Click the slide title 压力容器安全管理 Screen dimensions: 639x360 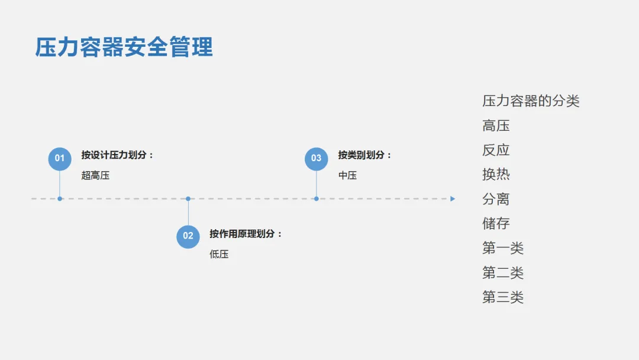coord(124,47)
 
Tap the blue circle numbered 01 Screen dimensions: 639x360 coord(60,159)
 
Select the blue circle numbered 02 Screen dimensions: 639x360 coord(188,236)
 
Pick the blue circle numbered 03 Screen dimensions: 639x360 coord(317,159)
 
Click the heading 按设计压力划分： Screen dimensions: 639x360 coord(118,155)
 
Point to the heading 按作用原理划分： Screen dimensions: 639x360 coord(246,234)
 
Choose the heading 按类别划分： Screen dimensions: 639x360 coord(365,155)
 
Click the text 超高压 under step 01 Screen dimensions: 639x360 coord(95,175)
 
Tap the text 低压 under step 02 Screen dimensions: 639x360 coord(219,254)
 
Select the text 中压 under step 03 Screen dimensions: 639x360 coord(347,175)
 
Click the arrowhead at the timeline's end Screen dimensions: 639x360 coord(453,199)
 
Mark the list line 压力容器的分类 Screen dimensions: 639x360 coord(531,101)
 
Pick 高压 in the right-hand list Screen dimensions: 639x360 coord(496,126)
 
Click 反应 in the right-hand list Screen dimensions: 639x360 coord(496,150)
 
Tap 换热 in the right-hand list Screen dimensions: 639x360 coord(496,175)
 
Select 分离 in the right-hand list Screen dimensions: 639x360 coord(496,199)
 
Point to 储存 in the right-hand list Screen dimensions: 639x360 coord(496,223)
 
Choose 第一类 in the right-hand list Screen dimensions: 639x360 coord(503,248)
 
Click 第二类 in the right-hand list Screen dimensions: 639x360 coord(503,273)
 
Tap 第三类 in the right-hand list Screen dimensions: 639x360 coord(503,297)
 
